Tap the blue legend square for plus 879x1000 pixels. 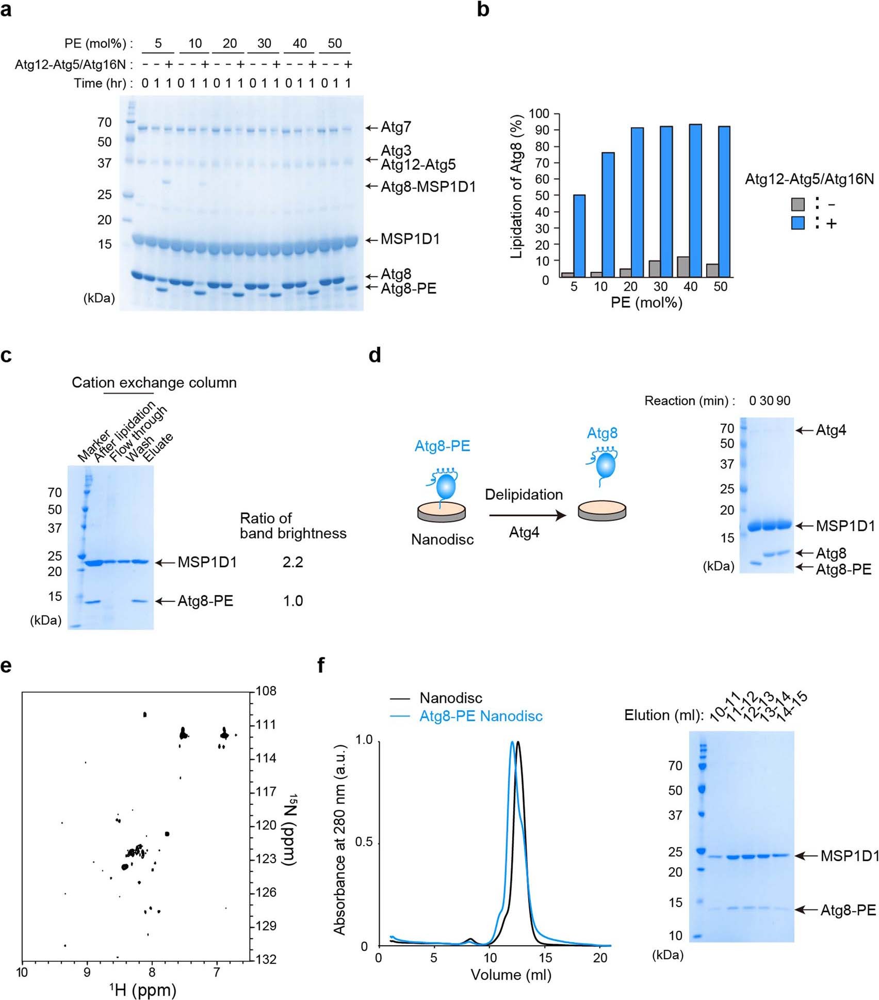coord(798,224)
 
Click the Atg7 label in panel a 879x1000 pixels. coord(396,127)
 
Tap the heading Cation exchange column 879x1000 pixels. coord(154,383)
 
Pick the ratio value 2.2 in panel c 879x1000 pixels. coord(292,562)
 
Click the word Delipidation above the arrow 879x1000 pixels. coord(524,495)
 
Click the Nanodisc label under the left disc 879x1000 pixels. coord(442,539)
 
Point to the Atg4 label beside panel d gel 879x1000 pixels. coord(831,430)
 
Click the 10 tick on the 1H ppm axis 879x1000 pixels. coord(22,973)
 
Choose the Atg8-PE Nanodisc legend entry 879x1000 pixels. coord(480,716)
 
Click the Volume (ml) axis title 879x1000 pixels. coord(511,975)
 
